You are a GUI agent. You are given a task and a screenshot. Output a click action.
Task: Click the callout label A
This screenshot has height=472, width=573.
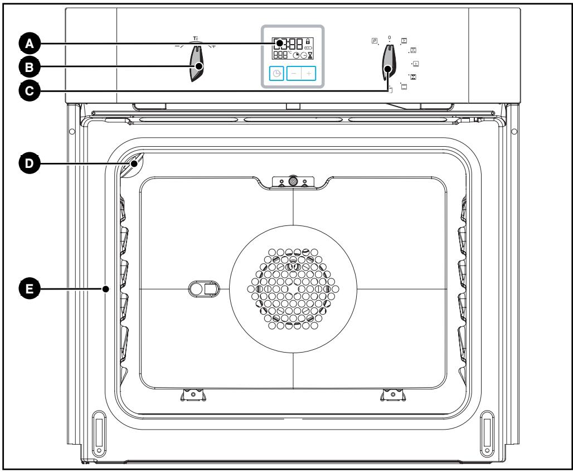click(x=29, y=44)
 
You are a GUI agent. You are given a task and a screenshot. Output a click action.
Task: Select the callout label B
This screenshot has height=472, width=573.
click(x=29, y=68)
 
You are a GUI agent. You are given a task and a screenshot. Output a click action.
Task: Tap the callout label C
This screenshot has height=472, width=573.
click(x=29, y=91)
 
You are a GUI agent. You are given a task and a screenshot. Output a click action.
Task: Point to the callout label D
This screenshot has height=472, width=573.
click(x=29, y=163)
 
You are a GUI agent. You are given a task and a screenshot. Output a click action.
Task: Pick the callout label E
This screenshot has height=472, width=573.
click(x=29, y=288)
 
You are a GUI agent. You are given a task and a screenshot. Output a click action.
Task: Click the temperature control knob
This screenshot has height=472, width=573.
click(x=197, y=62)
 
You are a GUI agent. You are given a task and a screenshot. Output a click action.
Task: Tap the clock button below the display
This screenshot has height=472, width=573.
click(x=276, y=74)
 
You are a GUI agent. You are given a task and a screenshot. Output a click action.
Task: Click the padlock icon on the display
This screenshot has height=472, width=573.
click(x=308, y=41)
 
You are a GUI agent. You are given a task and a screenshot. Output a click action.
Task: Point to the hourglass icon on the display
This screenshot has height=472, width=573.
click(x=310, y=55)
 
